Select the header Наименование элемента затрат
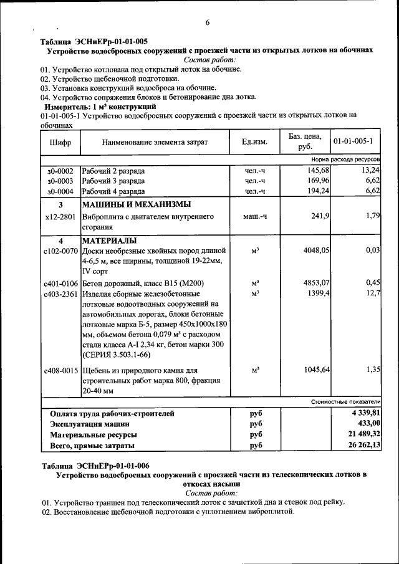coord(155,142)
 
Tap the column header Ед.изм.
coord(254,142)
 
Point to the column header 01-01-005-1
coord(356,141)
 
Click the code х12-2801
coord(60,217)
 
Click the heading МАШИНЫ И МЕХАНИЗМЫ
coord(137,204)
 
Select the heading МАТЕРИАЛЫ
coord(109,241)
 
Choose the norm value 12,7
coord(373,293)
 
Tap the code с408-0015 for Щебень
coord(60,370)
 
